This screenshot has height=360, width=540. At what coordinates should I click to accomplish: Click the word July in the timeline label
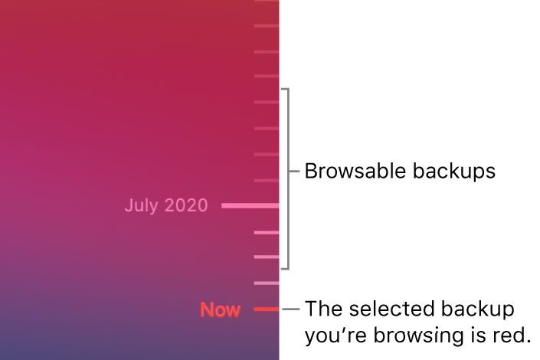[142, 206]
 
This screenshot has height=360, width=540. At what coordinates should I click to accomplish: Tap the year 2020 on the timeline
[186, 205]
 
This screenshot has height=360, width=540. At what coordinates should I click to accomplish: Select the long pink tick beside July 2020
[250, 206]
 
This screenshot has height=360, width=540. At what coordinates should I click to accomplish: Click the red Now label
[220, 309]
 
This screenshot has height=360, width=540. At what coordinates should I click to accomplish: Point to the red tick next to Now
[267, 309]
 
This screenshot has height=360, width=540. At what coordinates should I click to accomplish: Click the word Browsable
[355, 171]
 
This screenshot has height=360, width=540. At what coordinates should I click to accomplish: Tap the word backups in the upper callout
[454, 172]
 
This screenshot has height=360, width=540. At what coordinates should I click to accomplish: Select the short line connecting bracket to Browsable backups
[294, 171]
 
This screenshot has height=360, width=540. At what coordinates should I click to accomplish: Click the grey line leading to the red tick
[291, 309]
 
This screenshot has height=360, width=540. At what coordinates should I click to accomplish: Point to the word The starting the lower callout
[324, 309]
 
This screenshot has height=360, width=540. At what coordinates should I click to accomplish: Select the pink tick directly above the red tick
[267, 283]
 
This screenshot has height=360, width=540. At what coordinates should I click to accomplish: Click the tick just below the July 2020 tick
[267, 233]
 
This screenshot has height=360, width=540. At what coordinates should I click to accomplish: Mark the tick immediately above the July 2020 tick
[267, 181]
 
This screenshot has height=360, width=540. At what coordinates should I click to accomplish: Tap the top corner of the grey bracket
[289, 89]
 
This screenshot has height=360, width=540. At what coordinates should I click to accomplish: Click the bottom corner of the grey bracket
[289, 269]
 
